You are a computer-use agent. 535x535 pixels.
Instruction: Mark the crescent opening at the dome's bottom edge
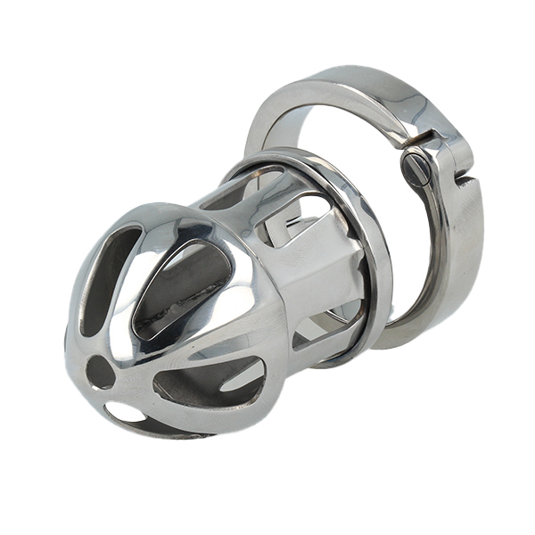[x=125, y=412]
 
